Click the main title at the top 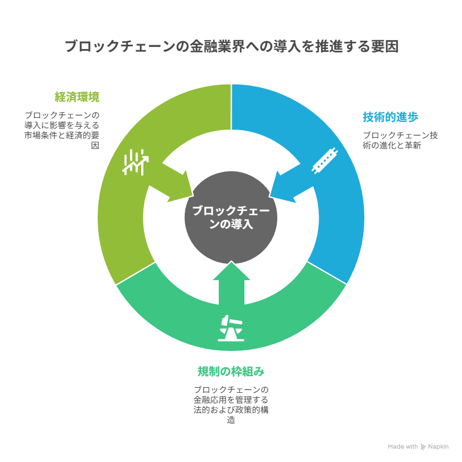coord(232,46)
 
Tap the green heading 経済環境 coord(77,97)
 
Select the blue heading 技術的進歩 coord(390,117)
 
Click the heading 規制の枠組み coord(230,371)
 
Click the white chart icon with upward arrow coord(135,162)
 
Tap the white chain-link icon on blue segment coord(325,161)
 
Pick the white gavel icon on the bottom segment coord(231,328)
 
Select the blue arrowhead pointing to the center coord(283,187)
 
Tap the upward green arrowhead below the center coord(232,271)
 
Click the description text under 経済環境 coord(62,130)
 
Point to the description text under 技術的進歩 coord(400,140)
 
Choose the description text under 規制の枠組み coord(231,405)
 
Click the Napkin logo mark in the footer coord(423,447)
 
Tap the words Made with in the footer coord(403,447)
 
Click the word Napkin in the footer coord(438,447)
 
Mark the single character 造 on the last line coord(231,420)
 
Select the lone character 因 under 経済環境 coord(95,146)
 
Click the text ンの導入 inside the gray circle coord(231,224)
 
